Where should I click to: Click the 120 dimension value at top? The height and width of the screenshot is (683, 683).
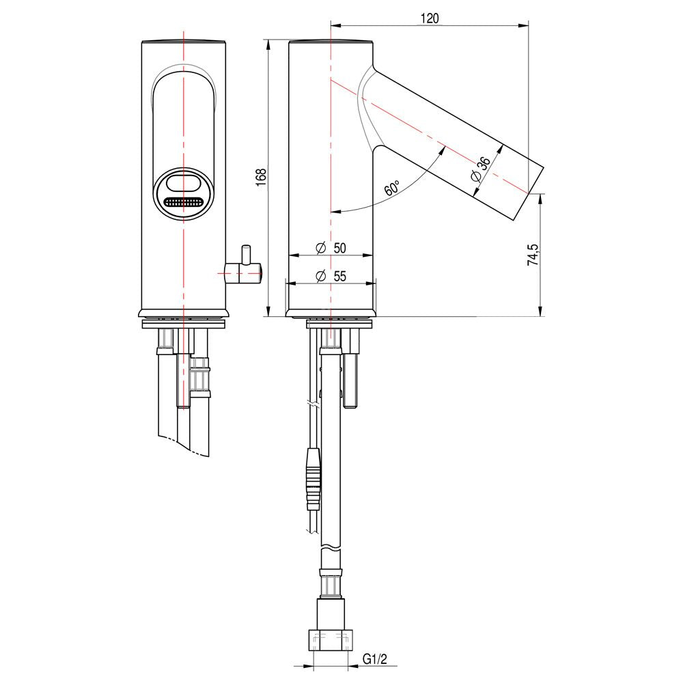tap(429, 18)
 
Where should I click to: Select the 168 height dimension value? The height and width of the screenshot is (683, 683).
tap(260, 178)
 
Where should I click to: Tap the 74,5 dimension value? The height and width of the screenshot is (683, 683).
tap(533, 254)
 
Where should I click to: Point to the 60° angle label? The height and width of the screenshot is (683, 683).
tap(391, 189)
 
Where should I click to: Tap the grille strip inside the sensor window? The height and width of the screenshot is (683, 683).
tap(183, 202)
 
